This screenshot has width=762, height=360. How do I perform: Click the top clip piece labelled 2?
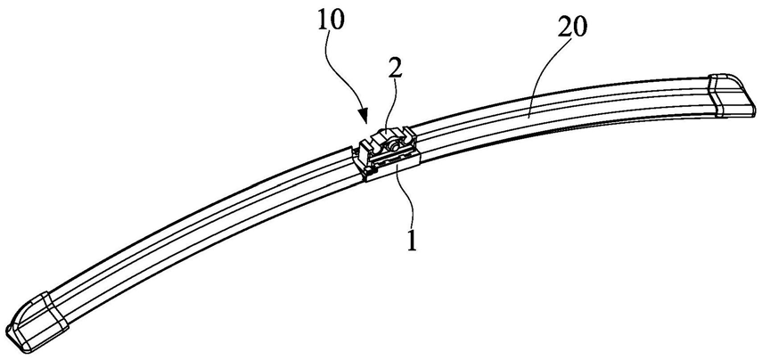pos(387,139)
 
